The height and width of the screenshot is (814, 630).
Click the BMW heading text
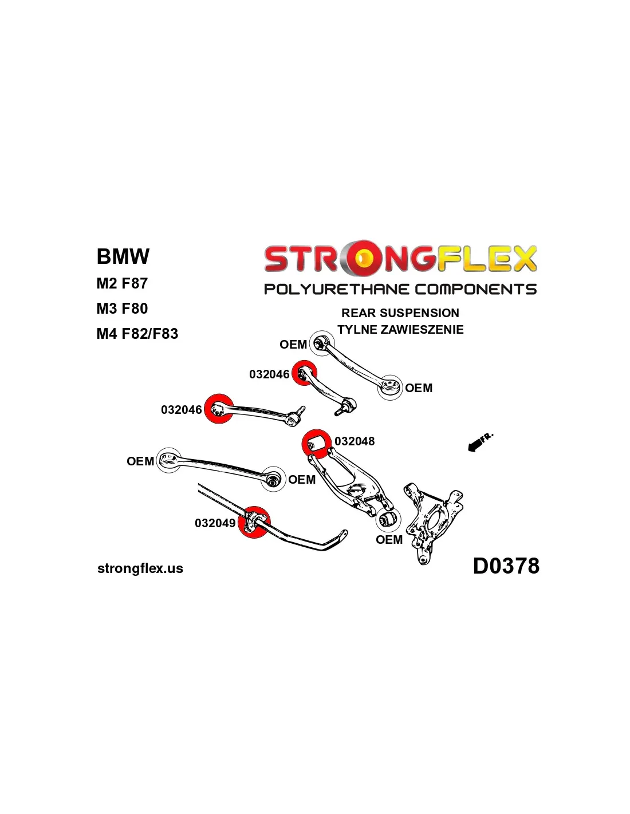pos(123,256)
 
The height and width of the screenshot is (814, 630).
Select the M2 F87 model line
pos(122,283)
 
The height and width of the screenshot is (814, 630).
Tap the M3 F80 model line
pos(122,309)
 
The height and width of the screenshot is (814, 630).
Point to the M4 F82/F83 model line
pos(137,334)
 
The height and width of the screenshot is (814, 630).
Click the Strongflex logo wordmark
pos(400,259)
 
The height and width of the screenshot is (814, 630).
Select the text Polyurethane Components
pos(400,289)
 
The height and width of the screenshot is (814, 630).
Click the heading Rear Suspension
pos(400,313)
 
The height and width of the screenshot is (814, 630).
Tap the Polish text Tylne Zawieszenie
pos(400,330)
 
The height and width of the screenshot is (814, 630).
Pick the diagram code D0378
pos(506,566)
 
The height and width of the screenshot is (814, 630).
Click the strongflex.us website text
pos(140,568)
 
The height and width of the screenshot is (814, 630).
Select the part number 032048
pos(355,441)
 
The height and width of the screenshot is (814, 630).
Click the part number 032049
pos(215,523)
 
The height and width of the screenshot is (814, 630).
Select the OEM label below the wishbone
pos(389,540)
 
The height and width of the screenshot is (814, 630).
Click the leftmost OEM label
pos(140,461)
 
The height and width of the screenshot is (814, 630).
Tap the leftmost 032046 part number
pos(181,410)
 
